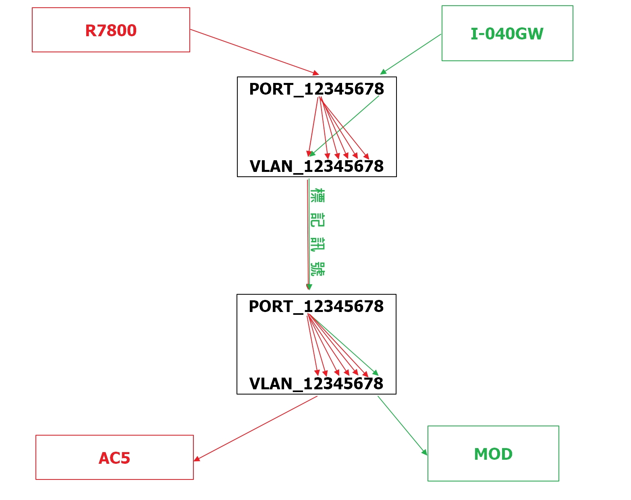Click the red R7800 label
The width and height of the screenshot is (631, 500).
coord(111,31)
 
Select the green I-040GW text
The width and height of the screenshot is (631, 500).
coord(507,34)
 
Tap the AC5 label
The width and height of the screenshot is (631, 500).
coord(114,458)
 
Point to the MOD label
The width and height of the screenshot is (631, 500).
coord(493,454)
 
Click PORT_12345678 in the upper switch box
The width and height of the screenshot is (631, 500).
coord(316,89)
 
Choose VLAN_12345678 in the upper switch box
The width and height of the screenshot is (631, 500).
coord(316,166)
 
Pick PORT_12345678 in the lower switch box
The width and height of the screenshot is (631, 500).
coord(316,307)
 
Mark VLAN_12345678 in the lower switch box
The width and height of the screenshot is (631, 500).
coord(316,384)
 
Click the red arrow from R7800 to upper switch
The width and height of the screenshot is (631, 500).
coord(255,52)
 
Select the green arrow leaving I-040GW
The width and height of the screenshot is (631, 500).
coord(411,54)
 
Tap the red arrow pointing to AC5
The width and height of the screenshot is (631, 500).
coord(255,428)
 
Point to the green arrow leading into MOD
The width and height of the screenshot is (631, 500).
coord(402,426)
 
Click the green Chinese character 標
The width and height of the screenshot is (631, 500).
coord(318,196)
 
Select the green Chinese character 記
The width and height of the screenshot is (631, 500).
coord(318,220)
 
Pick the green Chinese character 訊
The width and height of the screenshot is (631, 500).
coord(318,245)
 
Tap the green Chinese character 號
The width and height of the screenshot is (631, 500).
coord(318,269)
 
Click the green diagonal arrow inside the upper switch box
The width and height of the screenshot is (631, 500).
coord(344,126)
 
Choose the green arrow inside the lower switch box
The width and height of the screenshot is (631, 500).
coord(343,345)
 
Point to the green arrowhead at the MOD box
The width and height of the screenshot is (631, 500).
coord(425,452)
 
